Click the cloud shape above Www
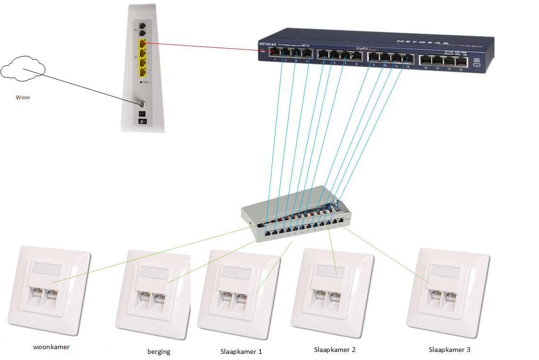(x=23, y=69)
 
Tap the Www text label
(x=23, y=97)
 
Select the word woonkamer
(x=51, y=347)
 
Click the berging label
(x=159, y=351)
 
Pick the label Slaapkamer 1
(x=241, y=351)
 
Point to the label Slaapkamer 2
(x=334, y=350)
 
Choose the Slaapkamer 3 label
(x=449, y=350)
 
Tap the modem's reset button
(x=141, y=82)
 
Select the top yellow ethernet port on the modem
(x=142, y=44)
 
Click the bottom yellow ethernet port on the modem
(x=142, y=72)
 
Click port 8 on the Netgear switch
(x=357, y=56)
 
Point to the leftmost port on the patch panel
(x=268, y=232)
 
